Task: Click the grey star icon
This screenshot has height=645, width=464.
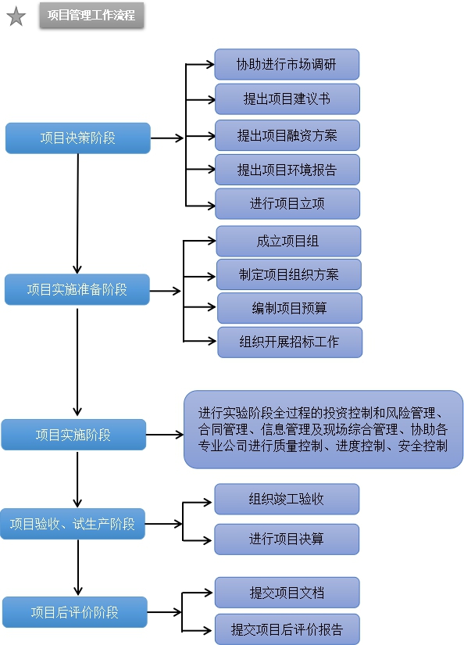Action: [x=16, y=16]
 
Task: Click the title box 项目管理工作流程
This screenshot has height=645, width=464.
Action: [x=91, y=15]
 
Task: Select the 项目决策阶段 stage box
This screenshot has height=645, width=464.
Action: [x=77, y=138]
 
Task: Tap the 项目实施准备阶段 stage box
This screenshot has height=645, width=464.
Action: [x=77, y=289]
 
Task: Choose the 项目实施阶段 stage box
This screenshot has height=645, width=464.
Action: [x=73, y=435]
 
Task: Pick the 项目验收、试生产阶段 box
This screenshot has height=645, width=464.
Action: [x=73, y=524]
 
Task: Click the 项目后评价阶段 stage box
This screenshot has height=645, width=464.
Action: [x=75, y=612]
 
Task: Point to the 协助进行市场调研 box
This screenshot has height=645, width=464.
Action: [x=287, y=64]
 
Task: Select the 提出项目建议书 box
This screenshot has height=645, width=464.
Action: [x=287, y=99]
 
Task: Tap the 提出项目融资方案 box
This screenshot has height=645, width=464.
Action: [x=287, y=135]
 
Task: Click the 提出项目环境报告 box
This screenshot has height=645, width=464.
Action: [x=287, y=170]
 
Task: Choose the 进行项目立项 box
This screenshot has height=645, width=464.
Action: [x=287, y=203]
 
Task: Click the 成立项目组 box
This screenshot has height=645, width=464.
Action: [x=288, y=241]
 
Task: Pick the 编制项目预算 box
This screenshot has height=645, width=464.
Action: [x=290, y=308]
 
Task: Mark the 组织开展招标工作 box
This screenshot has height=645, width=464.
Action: [x=290, y=342]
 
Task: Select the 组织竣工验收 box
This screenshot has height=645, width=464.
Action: [x=287, y=499]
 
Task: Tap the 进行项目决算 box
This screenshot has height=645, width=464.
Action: [x=287, y=539]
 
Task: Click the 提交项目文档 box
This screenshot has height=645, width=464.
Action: [x=287, y=593]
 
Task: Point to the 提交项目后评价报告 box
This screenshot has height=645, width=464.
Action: [x=287, y=629]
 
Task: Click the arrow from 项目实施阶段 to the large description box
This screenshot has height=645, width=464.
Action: [x=165, y=435]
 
